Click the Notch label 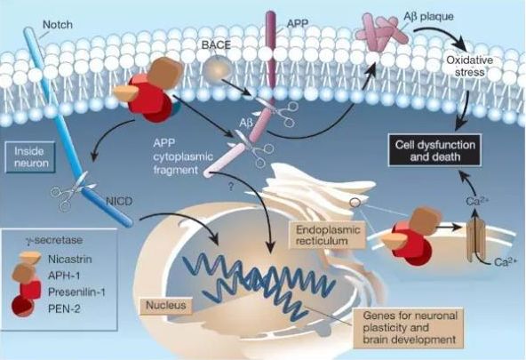pos(58,25)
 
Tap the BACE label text pos(216,44)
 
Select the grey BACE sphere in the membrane pos(218,69)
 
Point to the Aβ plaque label pos(429,16)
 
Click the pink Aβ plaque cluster pos(381,32)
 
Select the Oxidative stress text pos(470,66)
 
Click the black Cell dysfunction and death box pos(434,150)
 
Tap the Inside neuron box pos(30,157)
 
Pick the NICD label pos(119,201)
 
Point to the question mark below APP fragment pos(231,186)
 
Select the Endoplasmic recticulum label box pos(328,235)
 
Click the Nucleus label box pos(166,305)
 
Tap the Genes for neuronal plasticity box pos(410,327)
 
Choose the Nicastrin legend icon pos(30,258)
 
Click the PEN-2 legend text pos(64,308)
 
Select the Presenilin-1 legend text pos(76,292)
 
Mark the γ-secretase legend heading pos(54,240)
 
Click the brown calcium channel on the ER pos(476,239)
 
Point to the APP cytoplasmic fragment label pos(183,156)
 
